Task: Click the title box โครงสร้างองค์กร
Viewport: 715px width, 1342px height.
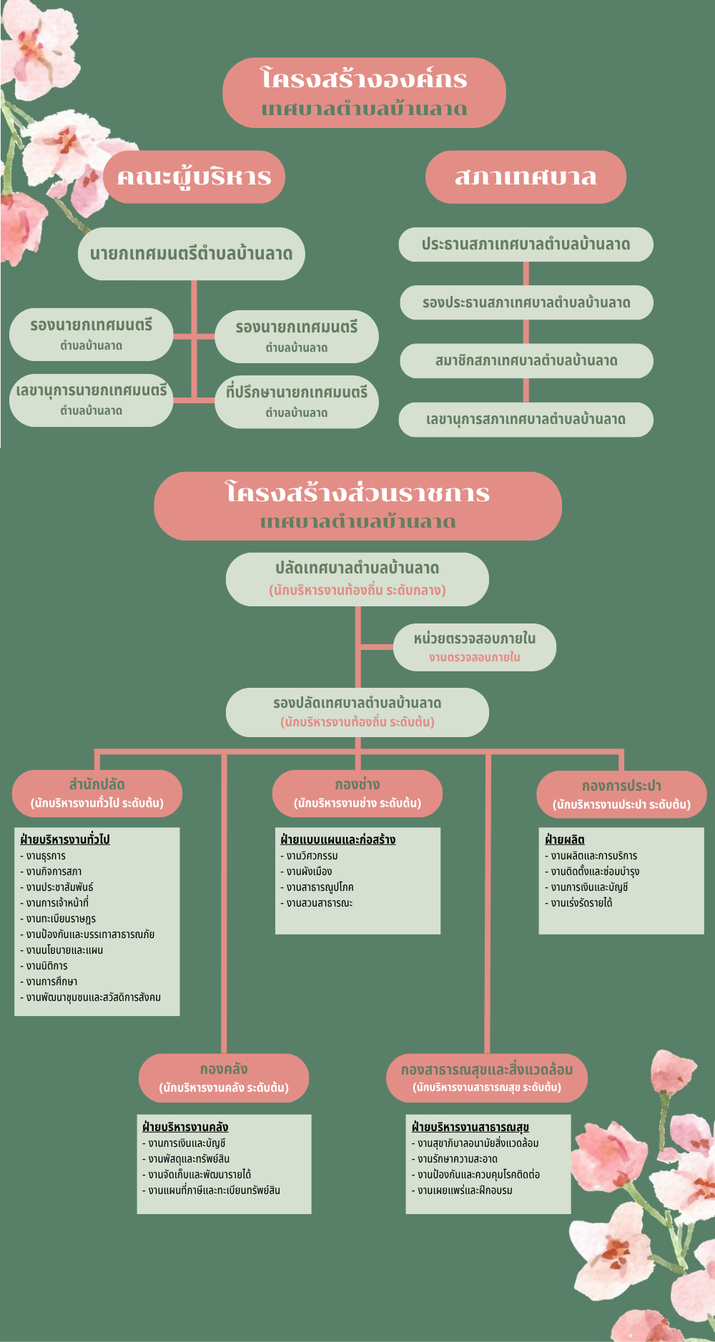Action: pos(364,93)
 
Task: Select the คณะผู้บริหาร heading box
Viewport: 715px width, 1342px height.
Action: pos(194,177)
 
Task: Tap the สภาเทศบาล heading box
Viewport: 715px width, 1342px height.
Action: pos(526,177)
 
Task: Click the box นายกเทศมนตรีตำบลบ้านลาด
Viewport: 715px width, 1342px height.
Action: pos(191,254)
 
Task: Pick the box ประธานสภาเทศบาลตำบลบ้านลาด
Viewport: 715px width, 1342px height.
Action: pos(526,245)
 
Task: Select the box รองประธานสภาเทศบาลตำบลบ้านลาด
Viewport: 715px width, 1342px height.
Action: pos(526,302)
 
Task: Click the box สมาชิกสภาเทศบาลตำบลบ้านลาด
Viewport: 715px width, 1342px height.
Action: pos(526,361)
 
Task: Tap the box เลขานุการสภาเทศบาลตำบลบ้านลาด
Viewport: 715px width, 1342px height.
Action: pos(526,420)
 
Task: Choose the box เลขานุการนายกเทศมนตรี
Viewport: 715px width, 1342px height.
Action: pos(91,400)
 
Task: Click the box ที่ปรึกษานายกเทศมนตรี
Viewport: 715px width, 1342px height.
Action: pos(296,402)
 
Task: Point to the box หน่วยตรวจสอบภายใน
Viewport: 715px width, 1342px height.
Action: pos(474,647)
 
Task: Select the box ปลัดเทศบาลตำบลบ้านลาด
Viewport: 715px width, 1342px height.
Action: pos(357,578)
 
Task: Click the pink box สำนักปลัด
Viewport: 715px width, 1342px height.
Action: pos(97,793)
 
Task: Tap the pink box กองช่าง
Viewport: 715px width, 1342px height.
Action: pos(357,793)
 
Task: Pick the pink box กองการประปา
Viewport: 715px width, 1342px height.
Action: pos(621,794)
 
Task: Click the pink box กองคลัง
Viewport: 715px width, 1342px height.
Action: pos(223,1077)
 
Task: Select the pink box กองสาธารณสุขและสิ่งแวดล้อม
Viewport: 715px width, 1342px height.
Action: pos(486,1077)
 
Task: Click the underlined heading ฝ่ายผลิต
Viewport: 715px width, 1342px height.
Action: pos(565,839)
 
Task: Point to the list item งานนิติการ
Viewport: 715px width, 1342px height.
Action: pos(47,966)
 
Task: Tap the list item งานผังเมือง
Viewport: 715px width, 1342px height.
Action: pos(309,872)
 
